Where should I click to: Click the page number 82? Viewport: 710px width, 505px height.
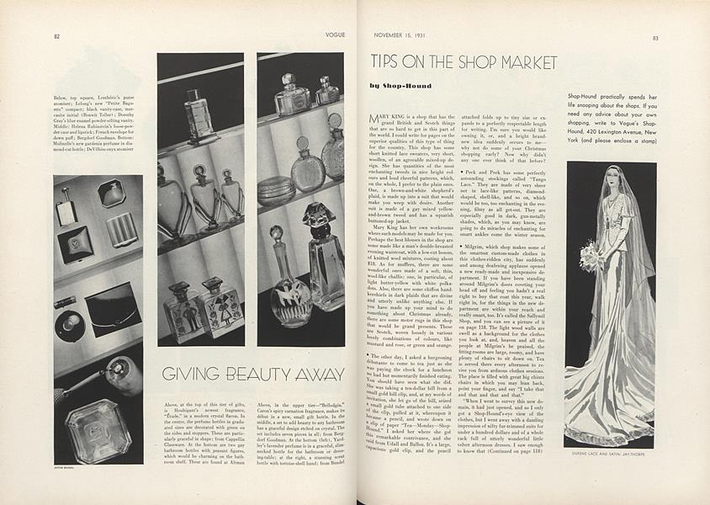[56, 37]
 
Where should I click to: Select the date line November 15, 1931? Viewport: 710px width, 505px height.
[400, 37]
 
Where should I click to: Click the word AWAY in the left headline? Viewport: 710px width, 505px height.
[319, 374]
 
